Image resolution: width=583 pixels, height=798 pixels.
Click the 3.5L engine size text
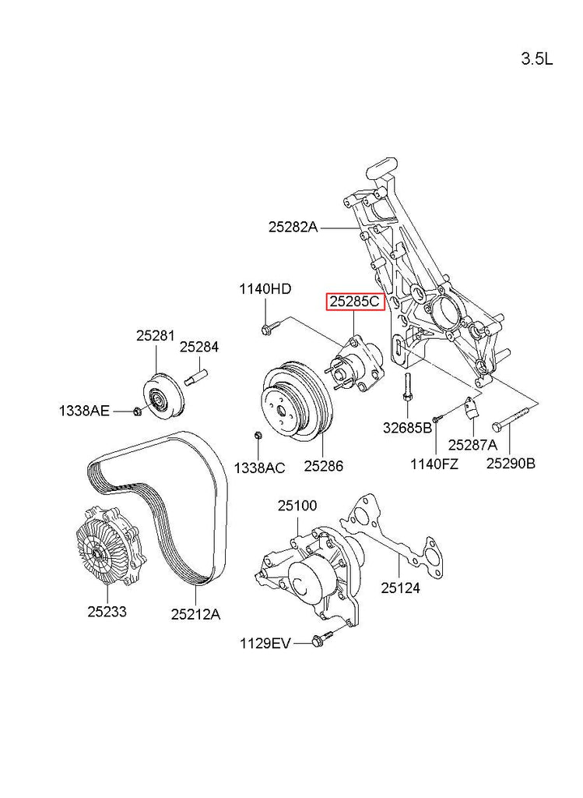pyautogui.click(x=536, y=59)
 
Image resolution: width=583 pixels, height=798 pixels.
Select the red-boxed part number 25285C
pyautogui.click(x=355, y=302)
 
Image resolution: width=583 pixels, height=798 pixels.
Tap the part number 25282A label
pyautogui.click(x=293, y=228)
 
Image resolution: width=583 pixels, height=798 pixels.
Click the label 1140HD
pyautogui.click(x=265, y=289)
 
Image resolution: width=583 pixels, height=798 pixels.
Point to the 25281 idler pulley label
pyautogui.click(x=156, y=336)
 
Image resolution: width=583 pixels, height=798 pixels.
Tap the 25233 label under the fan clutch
pyautogui.click(x=107, y=612)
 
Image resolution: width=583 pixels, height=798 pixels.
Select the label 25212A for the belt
pyautogui.click(x=195, y=614)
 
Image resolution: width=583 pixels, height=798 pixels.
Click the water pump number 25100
pyautogui.click(x=297, y=506)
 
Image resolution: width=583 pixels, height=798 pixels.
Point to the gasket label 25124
pyautogui.click(x=400, y=588)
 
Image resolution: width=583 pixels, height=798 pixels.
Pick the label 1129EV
pyautogui.click(x=265, y=643)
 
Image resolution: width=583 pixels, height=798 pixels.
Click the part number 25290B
pyautogui.click(x=511, y=464)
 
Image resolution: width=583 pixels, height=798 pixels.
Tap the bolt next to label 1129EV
pyautogui.click(x=321, y=641)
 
